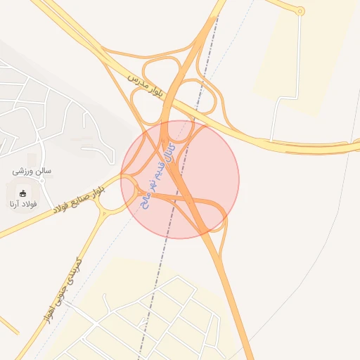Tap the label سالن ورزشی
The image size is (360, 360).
32,171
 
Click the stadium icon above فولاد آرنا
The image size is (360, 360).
22,193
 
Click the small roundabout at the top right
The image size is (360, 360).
300,11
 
